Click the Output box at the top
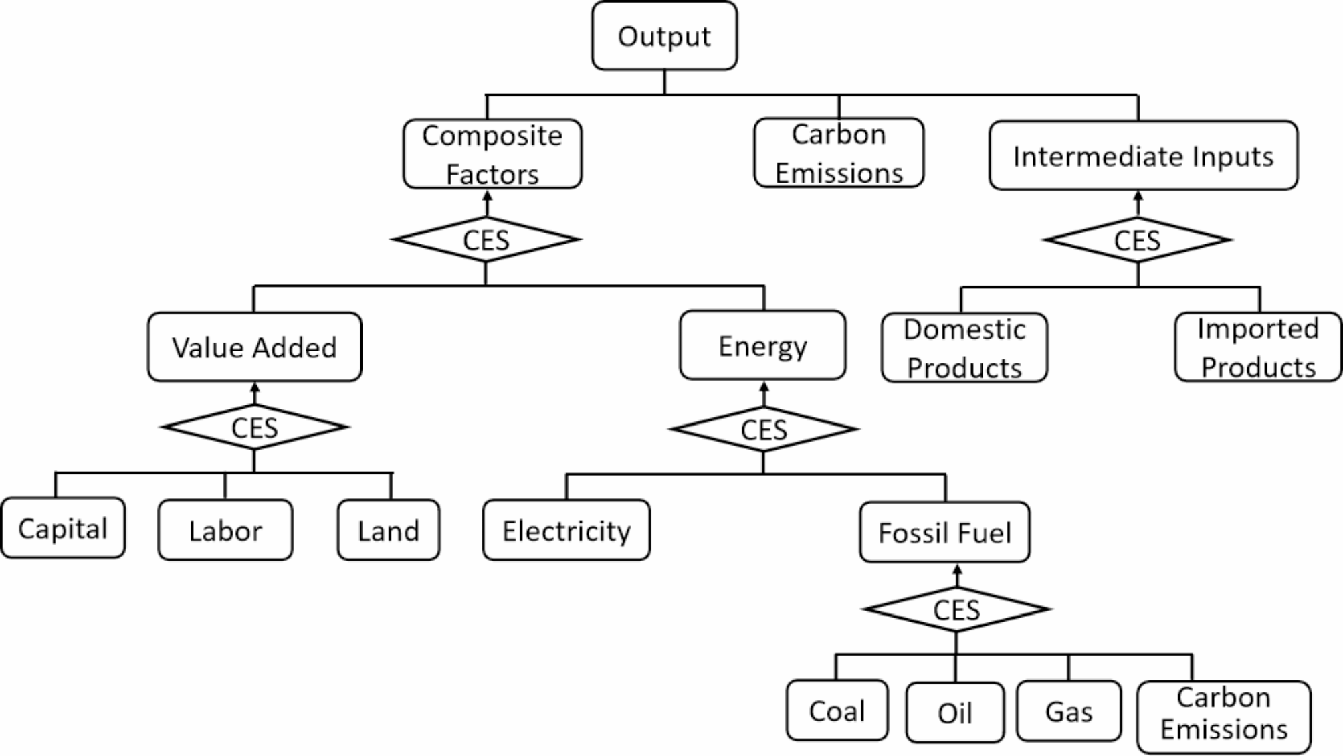click(x=664, y=36)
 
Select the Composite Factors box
click(x=492, y=155)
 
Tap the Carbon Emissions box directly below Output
click(x=839, y=153)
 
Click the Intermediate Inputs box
click(x=1143, y=156)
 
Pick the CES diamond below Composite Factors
click(x=486, y=240)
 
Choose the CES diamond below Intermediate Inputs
click(x=1137, y=240)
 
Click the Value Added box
click(x=254, y=347)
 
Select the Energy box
click(x=762, y=346)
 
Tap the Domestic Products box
click(x=964, y=348)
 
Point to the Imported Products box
click(x=1257, y=348)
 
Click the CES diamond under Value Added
click(x=254, y=427)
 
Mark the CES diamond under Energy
click(x=764, y=429)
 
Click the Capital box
click(x=63, y=529)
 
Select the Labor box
click(x=225, y=531)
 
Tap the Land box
click(x=389, y=531)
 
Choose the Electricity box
click(x=566, y=531)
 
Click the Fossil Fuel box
click(x=944, y=533)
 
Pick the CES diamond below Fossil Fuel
click(x=956, y=609)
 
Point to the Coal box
click(x=837, y=711)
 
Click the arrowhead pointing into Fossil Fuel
click(x=957, y=570)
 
